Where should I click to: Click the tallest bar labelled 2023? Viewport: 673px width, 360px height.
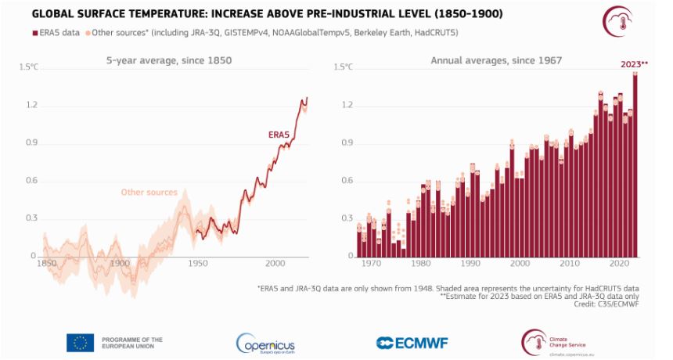(635, 164)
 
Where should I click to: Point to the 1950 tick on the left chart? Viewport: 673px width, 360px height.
(197, 263)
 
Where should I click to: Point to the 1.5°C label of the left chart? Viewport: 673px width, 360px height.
(28, 68)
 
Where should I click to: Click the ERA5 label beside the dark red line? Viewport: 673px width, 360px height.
(279, 135)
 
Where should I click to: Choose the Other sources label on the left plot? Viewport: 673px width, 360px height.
(149, 192)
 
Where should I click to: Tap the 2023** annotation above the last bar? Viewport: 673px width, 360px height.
(634, 64)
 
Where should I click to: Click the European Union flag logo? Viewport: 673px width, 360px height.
(80, 342)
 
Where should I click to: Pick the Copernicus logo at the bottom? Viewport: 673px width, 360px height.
(265, 342)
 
